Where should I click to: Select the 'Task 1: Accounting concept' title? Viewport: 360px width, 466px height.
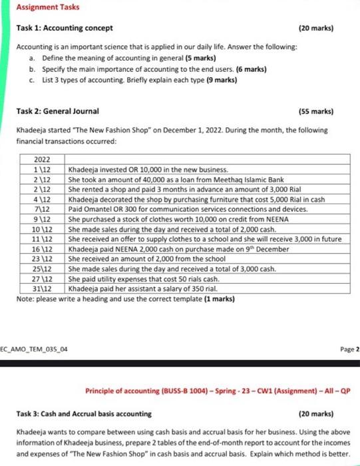click(65, 28)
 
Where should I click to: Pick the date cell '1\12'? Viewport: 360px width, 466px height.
click(43, 171)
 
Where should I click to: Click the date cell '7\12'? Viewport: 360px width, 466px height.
click(43, 210)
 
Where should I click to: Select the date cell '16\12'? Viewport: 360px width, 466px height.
click(43, 248)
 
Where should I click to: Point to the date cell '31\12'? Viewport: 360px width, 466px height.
click(43, 288)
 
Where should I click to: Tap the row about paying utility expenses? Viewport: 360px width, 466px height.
click(144, 279)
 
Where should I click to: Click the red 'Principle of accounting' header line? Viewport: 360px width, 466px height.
click(223, 391)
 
